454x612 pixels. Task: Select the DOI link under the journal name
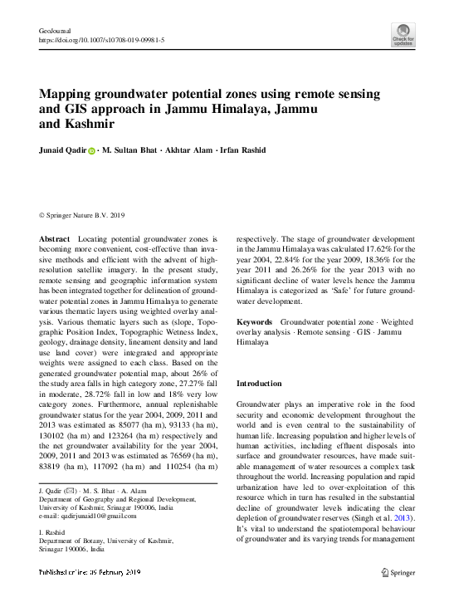pos(102,40)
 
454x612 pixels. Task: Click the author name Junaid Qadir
pos(62,151)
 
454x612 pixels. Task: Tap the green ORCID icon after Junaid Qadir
pos(92,151)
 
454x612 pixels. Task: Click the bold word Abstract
pos(54,238)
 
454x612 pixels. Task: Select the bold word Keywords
pos(255,321)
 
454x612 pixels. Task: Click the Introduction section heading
pos(260,384)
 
